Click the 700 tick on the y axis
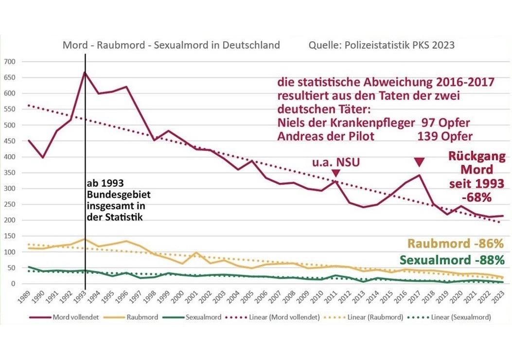pos(10,62)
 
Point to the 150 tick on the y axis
pos(10,236)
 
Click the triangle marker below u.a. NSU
pos(335,173)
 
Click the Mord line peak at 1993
pos(85,72)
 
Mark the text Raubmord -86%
pos(455,244)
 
